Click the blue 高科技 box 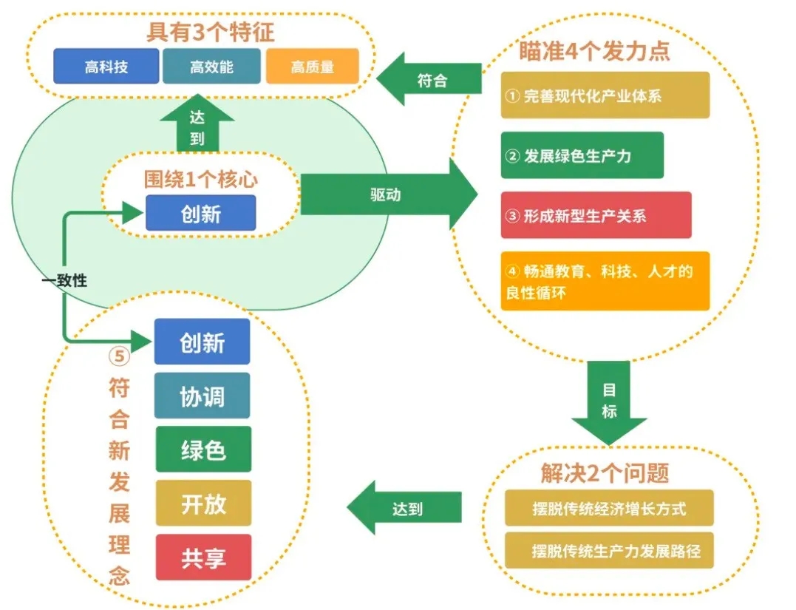tap(106, 67)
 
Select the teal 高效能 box tap(211, 67)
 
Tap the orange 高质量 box tap(312, 67)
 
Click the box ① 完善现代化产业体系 tap(605, 95)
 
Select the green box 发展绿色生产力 tap(582, 155)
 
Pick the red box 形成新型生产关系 tap(596, 215)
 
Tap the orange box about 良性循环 tap(605, 281)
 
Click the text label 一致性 tap(64, 281)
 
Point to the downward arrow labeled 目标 tap(609, 401)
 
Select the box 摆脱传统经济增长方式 tap(609, 508)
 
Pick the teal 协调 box tap(202, 396)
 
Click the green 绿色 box tap(203, 449)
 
